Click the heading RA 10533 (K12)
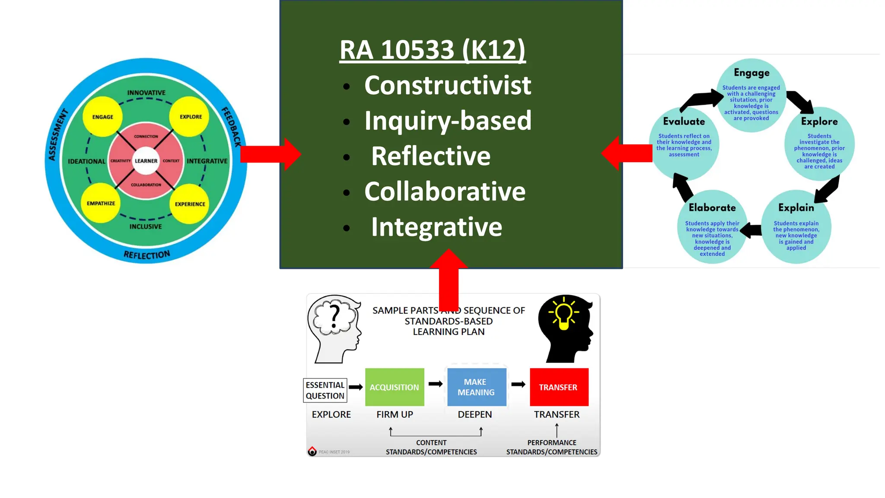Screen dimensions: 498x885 [x=432, y=50]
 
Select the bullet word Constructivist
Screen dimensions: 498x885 [x=447, y=85]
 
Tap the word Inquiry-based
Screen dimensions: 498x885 [x=448, y=121]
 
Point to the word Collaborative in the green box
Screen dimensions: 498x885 [x=445, y=192]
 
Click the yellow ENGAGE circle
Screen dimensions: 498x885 [x=102, y=117]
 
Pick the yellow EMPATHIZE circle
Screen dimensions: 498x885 [x=101, y=203]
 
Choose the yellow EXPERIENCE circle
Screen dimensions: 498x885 [x=190, y=204]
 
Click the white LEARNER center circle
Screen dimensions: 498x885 [x=146, y=161]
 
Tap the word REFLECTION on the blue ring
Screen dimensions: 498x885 [x=147, y=255]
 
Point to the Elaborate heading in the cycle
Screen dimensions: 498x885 [x=712, y=207]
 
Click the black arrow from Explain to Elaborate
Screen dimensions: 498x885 [x=752, y=230]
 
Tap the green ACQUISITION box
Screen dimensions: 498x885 [x=395, y=387]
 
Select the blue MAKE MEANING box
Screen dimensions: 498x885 [x=476, y=387]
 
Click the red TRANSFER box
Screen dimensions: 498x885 [x=559, y=387]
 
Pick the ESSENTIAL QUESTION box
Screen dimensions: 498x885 [x=325, y=390]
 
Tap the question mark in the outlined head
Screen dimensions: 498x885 [x=334, y=316]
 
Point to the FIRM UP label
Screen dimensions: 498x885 [x=395, y=415]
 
